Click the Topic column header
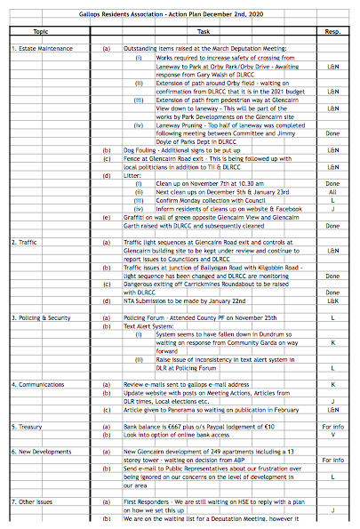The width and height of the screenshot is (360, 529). [x=40, y=30]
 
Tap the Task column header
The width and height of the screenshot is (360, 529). [x=204, y=30]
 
